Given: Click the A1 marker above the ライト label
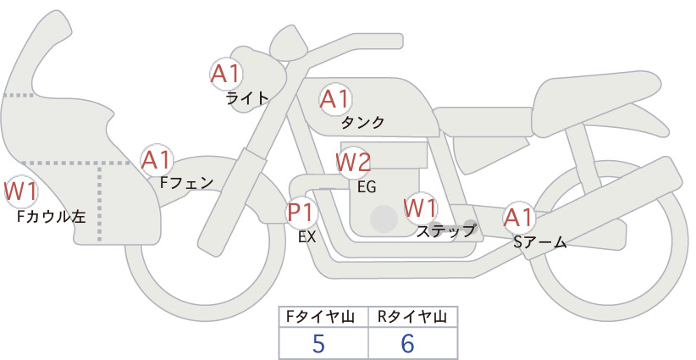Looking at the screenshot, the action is (226, 74).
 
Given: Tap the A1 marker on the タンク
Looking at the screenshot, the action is (335, 99).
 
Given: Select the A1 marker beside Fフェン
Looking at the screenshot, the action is (157, 160).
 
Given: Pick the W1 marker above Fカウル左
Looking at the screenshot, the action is (20, 191).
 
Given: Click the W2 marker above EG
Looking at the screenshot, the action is (353, 163).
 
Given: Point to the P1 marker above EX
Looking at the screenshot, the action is (301, 212).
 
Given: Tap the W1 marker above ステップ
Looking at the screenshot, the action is (420, 208).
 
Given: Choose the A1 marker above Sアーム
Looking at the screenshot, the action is (518, 218).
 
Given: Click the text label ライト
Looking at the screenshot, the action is (247, 97).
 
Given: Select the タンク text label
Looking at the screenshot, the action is (362, 122).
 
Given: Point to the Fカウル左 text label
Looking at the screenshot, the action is (52, 217).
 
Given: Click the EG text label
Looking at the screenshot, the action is (367, 187).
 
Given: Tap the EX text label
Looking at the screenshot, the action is (307, 237).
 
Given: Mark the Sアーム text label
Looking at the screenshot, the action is (539, 241).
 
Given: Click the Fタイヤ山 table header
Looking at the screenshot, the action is (320, 317).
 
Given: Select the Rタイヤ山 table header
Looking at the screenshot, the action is (412, 317).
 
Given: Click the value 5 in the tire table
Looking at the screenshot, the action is (318, 344).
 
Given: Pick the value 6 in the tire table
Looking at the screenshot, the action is (407, 344).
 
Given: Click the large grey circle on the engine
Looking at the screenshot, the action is (384, 219).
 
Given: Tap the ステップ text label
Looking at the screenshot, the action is (446, 231).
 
